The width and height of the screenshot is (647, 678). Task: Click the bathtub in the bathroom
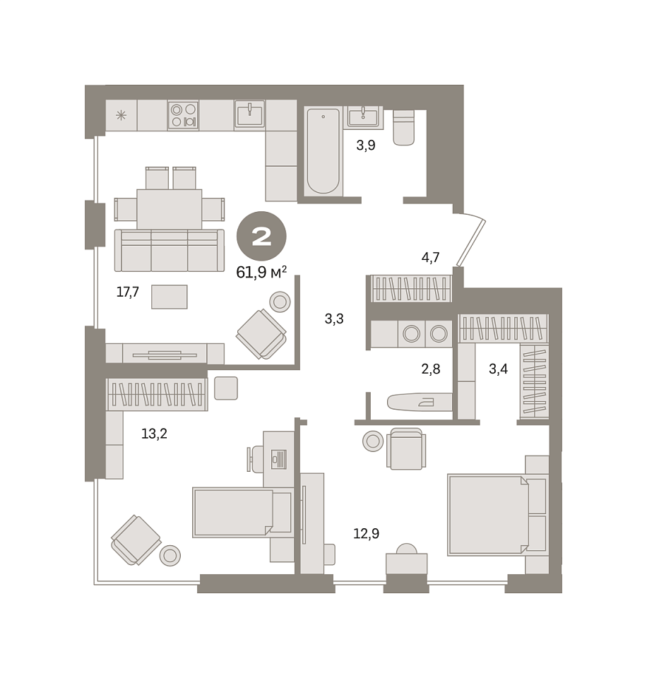(323, 151)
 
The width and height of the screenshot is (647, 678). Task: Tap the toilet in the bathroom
(403, 128)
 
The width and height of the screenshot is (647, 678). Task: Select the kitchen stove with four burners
(183, 115)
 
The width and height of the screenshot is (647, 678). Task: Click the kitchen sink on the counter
(249, 114)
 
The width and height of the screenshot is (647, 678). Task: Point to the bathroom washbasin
(363, 117)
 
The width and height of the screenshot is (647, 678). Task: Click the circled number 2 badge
(261, 236)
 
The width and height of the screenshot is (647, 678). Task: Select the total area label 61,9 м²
(261, 273)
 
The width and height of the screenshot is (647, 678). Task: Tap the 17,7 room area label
(128, 292)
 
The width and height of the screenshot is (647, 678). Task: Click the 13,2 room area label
(154, 433)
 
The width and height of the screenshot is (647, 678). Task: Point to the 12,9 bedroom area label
(367, 534)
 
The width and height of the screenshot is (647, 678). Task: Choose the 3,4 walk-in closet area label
(498, 369)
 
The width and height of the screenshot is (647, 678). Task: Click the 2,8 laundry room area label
(431, 369)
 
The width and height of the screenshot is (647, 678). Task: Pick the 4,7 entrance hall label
(430, 257)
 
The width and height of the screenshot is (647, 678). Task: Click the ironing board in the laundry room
(419, 402)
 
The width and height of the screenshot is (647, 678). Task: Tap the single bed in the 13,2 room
(242, 512)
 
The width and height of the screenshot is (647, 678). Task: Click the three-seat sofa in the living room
(169, 250)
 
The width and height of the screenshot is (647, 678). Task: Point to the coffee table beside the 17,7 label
(169, 297)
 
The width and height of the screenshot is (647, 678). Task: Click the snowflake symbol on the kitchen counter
(121, 115)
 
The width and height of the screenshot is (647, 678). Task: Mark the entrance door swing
(471, 240)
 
